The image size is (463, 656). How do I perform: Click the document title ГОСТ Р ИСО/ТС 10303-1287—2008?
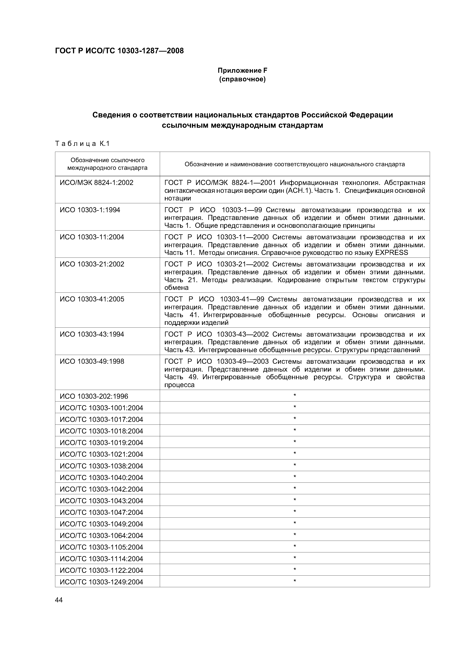pyautogui.click(x=119, y=51)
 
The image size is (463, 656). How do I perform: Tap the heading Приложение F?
pyautogui.click(x=242, y=70)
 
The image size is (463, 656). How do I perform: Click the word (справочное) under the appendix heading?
pyautogui.click(x=242, y=79)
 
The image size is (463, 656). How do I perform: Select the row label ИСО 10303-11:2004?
pyautogui.click(x=92, y=237)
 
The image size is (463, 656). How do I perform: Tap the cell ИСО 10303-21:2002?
pyautogui.click(x=92, y=264)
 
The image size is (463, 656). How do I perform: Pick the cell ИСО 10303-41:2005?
pyautogui.click(x=92, y=299)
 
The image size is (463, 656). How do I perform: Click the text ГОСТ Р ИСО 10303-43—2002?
pyautogui.click(x=217, y=334)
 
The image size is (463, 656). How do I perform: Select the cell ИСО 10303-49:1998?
pyautogui.click(x=92, y=361)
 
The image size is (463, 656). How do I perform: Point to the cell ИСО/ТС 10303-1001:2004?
pyautogui.click(x=101, y=408)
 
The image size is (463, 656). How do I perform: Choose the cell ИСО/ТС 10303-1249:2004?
pyautogui.click(x=101, y=582)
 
